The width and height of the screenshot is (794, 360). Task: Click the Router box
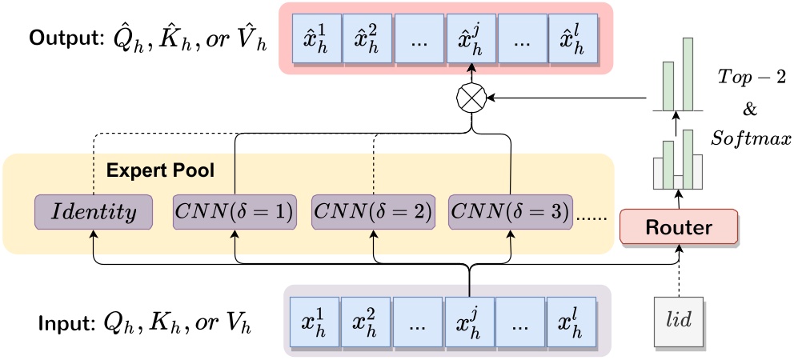tap(679, 227)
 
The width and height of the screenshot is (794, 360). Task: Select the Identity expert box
tap(94, 213)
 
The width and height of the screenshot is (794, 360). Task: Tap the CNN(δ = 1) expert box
tap(235, 213)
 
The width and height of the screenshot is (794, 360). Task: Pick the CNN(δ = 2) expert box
tap(372, 213)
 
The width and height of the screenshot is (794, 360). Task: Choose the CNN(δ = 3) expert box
tap(510, 213)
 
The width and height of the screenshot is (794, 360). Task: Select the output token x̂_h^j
tap(470, 40)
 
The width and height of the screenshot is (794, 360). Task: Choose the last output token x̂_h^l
tap(573, 40)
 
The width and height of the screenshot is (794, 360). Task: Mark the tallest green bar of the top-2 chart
tap(688, 73)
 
